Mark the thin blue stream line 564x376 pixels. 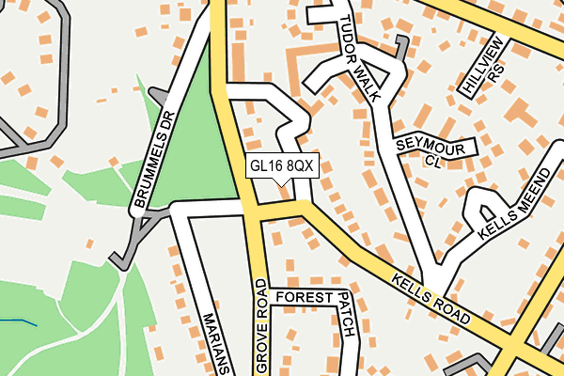(19, 322)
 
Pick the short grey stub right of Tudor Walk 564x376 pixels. (401, 47)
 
